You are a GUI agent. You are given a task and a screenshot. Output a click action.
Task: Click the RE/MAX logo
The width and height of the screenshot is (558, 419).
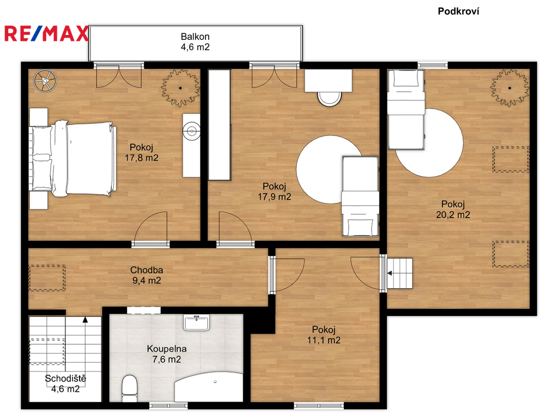point(46,33)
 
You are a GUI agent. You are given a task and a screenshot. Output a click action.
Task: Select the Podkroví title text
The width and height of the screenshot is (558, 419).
point(458,11)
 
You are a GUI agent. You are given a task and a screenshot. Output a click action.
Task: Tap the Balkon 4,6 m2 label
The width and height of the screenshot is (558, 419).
point(195,41)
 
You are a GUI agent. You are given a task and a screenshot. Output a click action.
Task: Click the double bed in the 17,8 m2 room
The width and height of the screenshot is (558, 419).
point(73,159)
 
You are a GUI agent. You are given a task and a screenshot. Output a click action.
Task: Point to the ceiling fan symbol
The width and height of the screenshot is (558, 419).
point(45,80)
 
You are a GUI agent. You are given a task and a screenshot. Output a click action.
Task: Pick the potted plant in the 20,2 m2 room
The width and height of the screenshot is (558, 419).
point(510,88)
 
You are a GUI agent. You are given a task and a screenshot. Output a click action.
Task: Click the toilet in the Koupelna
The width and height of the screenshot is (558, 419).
point(129,388)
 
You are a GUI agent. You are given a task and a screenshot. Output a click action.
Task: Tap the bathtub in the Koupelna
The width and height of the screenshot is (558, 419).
point(209,387)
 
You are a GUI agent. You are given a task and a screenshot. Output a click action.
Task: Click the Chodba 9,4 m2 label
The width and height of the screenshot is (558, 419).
point(147,276)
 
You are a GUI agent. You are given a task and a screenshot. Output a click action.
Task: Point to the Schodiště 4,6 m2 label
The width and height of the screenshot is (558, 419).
point(65,384)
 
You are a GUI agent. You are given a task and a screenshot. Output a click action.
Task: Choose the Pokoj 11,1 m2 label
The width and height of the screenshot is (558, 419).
point(324,335)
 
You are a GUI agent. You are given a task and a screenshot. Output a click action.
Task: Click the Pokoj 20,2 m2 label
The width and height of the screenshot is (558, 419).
point(453,209)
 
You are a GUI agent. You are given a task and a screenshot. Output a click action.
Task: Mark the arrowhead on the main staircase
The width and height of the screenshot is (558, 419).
point(85,319)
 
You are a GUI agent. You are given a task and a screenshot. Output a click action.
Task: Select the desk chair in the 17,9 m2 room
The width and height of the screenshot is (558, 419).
point(330,99)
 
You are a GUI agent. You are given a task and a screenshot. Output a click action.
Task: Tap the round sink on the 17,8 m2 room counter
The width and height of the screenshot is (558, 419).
point(192,131)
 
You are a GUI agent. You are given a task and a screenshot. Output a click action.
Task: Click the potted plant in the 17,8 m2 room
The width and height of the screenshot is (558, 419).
point(180,88)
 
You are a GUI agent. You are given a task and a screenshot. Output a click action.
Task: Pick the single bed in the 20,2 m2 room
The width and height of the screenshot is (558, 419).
point(406,109)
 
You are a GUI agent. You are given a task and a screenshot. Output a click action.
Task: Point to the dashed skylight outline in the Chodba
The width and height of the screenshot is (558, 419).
point(47,278)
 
